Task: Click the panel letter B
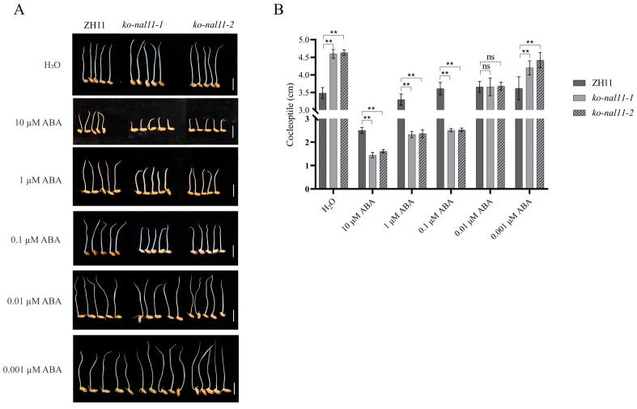[278, 11]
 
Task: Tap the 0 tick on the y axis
[308, 189]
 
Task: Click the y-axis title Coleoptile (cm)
[290, 113]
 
